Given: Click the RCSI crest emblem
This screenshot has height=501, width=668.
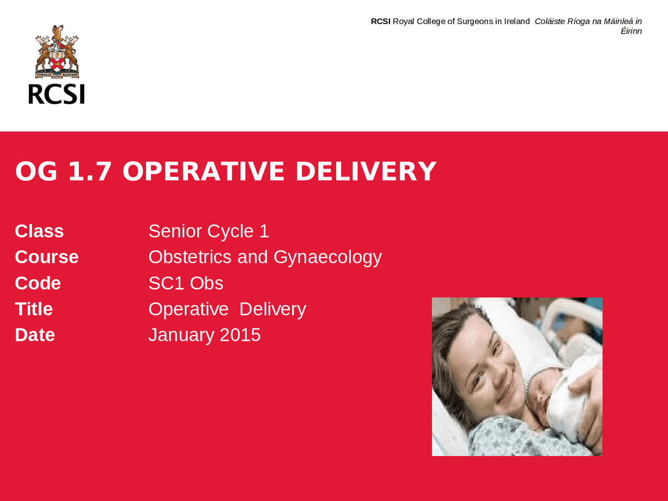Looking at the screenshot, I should coord(57,52).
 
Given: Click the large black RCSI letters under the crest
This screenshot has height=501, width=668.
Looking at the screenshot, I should coord(56,94).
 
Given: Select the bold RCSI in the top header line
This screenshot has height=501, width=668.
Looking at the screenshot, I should coord(380,21).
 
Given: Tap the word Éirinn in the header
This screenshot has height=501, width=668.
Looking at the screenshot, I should coord(631,31).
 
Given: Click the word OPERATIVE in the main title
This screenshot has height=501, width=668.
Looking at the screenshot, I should coord(204,172).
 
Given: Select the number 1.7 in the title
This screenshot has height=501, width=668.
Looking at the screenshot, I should coord(90,172).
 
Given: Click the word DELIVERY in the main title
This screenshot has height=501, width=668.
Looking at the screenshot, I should coord(365,172).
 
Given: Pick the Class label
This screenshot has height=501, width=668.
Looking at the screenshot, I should coord(39,231).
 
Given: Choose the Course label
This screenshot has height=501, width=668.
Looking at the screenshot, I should coord(46,257).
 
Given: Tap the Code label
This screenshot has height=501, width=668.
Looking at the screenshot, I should coord(38,283).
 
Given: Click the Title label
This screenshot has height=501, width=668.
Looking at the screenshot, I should coord(33,309).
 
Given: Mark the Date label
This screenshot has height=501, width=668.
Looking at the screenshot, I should coord(34,335).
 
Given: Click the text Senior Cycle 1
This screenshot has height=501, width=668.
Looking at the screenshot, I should coord(209,231).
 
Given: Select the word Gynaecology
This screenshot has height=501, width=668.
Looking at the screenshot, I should coord(328,257).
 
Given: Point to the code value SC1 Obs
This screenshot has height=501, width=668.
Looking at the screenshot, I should coord(186,283).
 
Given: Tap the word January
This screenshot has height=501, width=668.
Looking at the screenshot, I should coord(182,335).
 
